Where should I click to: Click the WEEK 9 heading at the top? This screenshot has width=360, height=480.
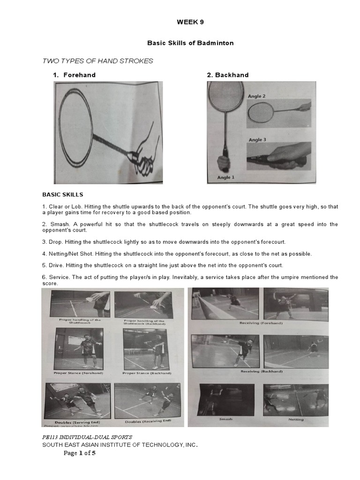(190, 22)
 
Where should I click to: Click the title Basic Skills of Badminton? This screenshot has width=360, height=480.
(190, 43)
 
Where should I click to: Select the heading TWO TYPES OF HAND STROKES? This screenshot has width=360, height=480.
(98, 61)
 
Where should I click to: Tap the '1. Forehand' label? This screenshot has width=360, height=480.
(74, 75)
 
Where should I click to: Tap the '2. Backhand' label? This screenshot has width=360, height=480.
(228, 75)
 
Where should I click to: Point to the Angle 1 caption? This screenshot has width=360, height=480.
(225, 177)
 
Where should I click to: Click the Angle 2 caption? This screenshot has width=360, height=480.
(257, 96)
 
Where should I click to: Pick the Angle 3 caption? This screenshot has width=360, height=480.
(257, 140)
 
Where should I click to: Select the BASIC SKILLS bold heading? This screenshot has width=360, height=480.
(63, 194)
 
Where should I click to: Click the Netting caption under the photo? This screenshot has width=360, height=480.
(296, 420)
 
